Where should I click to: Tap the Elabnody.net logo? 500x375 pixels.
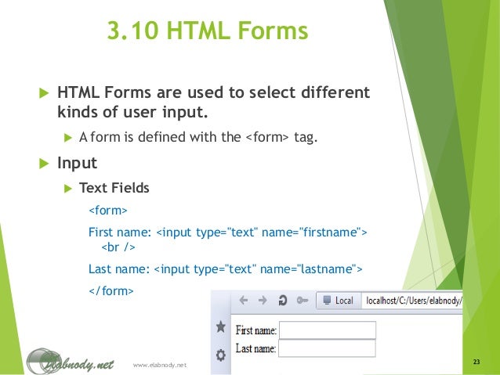click(x=71, y=361)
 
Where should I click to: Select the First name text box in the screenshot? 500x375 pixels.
click(x=327, y=330)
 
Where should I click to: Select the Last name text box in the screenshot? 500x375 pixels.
click(x=327, y=348)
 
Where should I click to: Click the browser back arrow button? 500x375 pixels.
click(x=243, y=300)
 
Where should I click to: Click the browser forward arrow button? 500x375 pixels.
click(x=262, y=300)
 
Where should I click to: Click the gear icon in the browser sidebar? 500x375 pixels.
click(x=221, y=355)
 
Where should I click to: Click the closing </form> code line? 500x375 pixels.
click(x=111, y=290)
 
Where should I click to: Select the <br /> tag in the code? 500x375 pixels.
click(x=119, y=248)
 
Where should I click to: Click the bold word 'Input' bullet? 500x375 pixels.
click(x=77, y=164)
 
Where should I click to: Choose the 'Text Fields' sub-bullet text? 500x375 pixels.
click(x=114, y=188)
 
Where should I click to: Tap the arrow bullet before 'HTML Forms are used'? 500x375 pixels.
click(x=44, y=93)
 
